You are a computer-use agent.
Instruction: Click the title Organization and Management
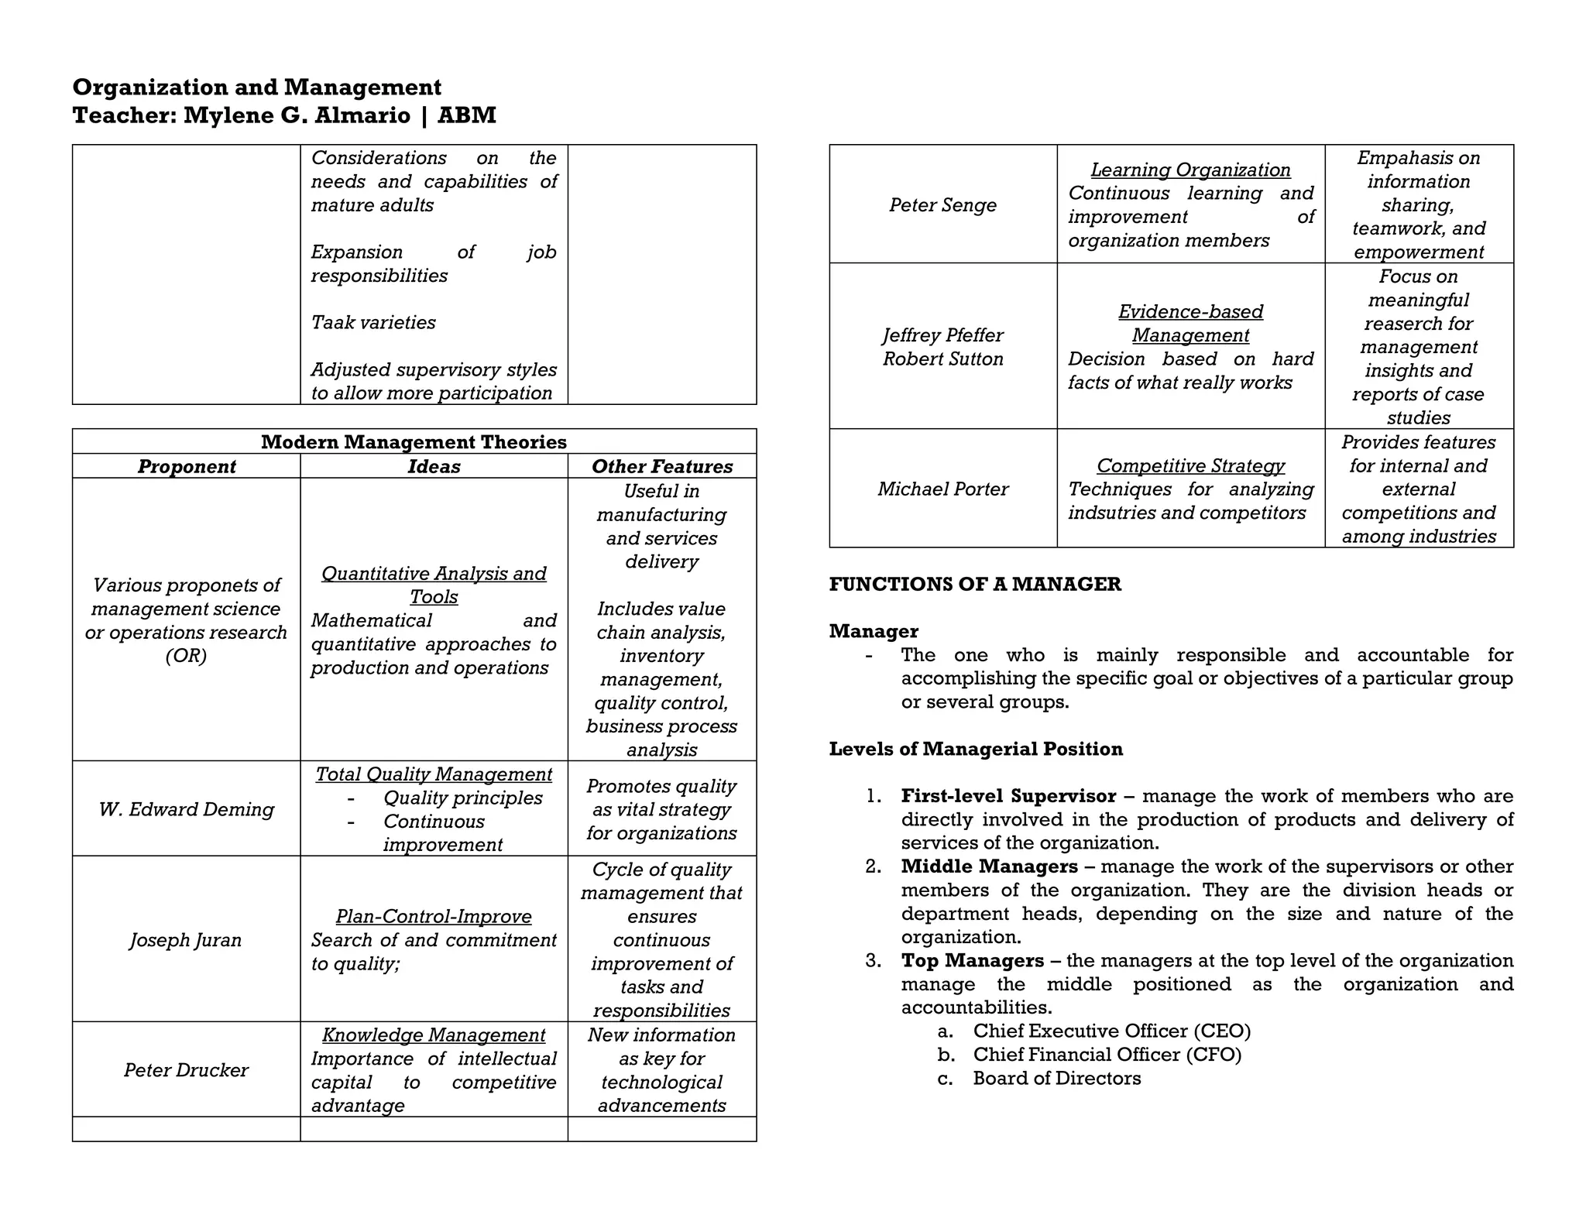tap(256, 87)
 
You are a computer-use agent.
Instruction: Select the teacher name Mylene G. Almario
tap(297, 115)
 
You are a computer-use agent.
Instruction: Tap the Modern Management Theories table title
tap(414, 442)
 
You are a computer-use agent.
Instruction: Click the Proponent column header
tap(187, 466)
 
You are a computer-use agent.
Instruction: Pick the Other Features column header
tap(661, 466)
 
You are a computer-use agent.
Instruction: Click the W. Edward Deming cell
tap(187, 809)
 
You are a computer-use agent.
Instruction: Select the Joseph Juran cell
tap(186, 939)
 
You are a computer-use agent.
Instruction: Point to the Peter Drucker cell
tap(186, 1069)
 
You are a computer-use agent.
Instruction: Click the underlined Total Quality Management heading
tap(434, 774)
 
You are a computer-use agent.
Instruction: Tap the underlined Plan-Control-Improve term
tap(434, 916)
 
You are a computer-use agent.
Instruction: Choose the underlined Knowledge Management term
tap(434, 1035)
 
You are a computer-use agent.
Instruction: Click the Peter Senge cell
tap(942, 204)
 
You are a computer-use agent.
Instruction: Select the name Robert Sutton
tap(942, 359)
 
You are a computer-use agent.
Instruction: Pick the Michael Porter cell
tap(942, 489)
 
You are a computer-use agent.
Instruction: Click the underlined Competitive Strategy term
tap(1190, 465)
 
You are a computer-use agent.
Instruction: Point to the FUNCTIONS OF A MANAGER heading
tap(974, 584)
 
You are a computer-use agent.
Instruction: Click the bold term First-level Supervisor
tap(1008, 796)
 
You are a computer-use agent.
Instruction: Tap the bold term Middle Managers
tap(989, 866)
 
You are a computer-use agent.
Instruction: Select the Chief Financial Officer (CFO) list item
tap(1107, 1055)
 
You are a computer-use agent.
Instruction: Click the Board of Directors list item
tap(1056, 1078)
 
